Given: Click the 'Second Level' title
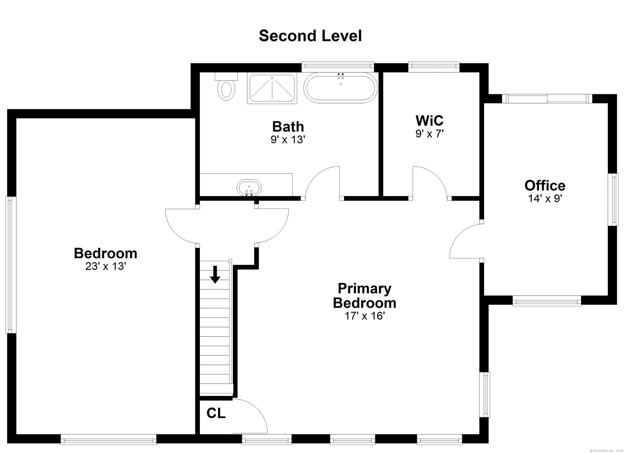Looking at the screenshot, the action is [310, 36].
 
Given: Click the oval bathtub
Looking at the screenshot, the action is [341, 88].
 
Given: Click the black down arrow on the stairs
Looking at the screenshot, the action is [215, 274].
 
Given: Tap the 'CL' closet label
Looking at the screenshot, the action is [216, 413].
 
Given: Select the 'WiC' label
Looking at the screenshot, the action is [429, 120].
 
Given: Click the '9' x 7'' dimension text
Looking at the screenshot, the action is [429, 134].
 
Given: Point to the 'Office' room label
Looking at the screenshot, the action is [545, 185].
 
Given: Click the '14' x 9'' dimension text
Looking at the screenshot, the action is [545, 198].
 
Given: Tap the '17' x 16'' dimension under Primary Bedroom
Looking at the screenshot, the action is [365, 316].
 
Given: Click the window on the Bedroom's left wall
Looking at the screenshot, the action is [10, 265].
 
